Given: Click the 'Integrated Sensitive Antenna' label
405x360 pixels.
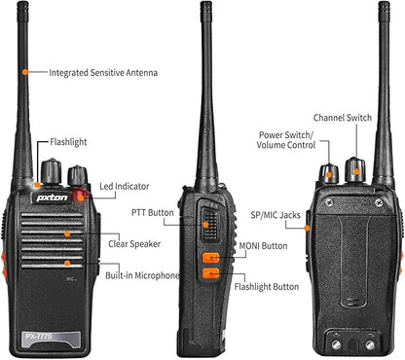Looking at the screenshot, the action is pyautogui.click(x=103, y=73).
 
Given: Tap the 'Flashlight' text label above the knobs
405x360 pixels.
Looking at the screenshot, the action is pyautogui.click(x=68, y=142).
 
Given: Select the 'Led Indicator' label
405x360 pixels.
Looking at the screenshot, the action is pyautogui.click(x=125, y=187).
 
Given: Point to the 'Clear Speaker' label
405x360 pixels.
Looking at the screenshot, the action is pyautogui.click(x=134, y=244).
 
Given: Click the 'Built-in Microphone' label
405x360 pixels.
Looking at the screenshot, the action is pyautogui.click(x=142, y=275).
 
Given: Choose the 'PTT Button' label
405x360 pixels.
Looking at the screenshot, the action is pyautogui.click(x=153, y=213).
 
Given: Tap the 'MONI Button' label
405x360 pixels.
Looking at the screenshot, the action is pyautogui.click(x=263, y=246).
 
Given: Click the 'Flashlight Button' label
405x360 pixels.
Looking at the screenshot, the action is pyautogui.click(x=267, y=287).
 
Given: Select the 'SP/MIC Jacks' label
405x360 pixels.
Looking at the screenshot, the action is pyautogui.click(x=276, y=215).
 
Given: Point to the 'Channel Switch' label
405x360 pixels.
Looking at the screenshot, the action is pyautogui.click(x=343, y=118).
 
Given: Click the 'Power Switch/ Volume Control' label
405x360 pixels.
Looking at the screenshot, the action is pyautogui.click(x=286, y=140).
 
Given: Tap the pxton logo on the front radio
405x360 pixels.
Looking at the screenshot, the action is pyautogui.click(x=52, y=198).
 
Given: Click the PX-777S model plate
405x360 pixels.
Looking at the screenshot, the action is pyautogui.click(x=51, y=339).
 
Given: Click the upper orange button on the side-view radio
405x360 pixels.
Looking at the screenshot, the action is pyautogui.click(x=211, y=258).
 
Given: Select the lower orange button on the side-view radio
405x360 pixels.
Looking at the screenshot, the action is pyautogui.click(x=211, y=273).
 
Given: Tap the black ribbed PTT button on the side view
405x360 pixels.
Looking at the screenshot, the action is pyautogui.click(x=210, y=225).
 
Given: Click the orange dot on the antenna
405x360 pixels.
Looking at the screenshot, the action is pyautogui.click(x=25, y=72).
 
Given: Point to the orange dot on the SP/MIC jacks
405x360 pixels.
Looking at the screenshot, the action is pyautogui.click(x=307, y=229).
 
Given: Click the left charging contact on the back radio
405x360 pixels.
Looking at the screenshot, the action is pyautogui.click(x=337, y=344).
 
